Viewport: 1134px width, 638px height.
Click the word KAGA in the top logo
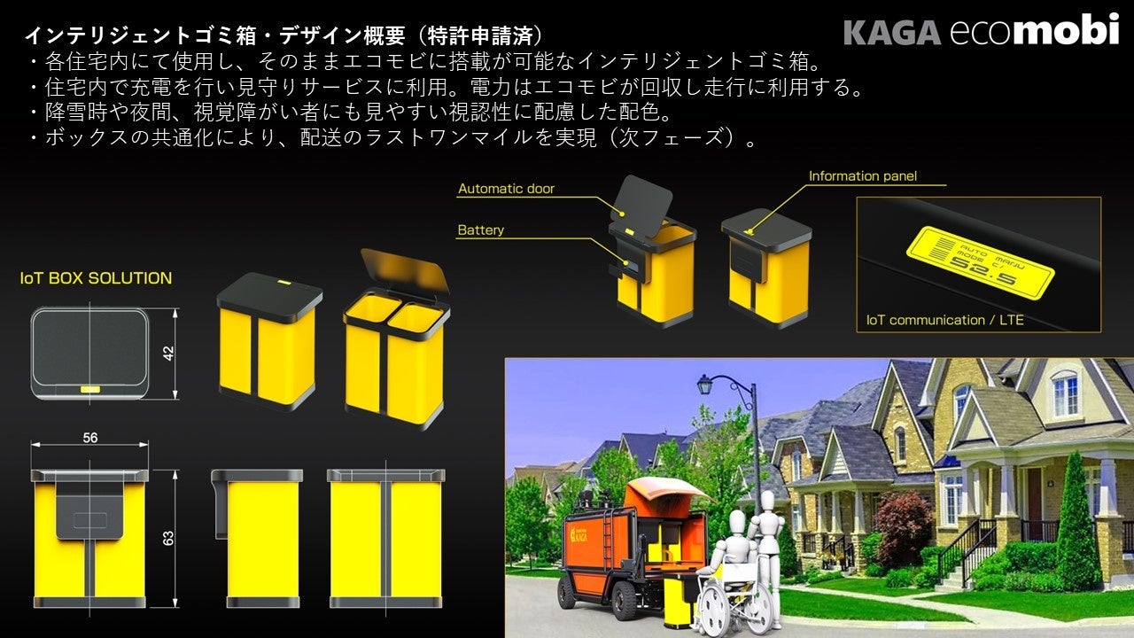pos(891,32)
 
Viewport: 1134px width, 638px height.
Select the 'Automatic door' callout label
pos(506,189)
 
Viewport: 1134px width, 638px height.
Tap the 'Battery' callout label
pos(480,230)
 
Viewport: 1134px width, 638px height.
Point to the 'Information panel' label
pos(862,176)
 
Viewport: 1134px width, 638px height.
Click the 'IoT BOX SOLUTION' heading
pos(96,278)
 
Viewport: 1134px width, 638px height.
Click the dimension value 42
pos(167,354)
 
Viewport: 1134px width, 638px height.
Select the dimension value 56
pos(89,438)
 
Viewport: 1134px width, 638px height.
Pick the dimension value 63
pos(168,538)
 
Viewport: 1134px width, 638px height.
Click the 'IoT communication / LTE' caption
pos(944,320)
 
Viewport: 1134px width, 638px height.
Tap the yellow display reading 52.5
pos(983,263)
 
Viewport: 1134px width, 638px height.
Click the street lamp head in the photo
pos(704,385)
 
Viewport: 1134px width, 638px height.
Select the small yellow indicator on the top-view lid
pos(89,389)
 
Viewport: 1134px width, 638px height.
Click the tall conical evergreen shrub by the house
pos(1077,526)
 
